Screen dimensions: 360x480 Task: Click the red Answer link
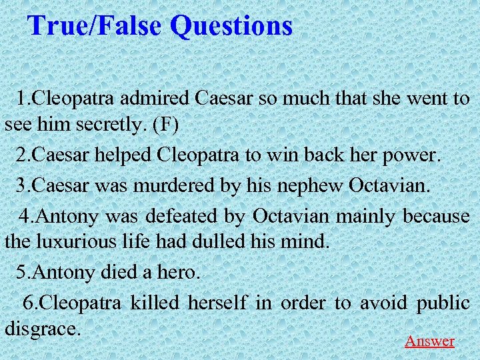pos(429,341)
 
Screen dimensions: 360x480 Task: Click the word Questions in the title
pos(231,26)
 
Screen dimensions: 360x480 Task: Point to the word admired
pos(159,99)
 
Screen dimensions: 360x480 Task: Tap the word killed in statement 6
pos(155,303)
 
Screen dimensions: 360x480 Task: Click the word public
pos(443,303)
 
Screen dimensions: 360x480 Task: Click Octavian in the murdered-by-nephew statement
pos(389,186)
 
